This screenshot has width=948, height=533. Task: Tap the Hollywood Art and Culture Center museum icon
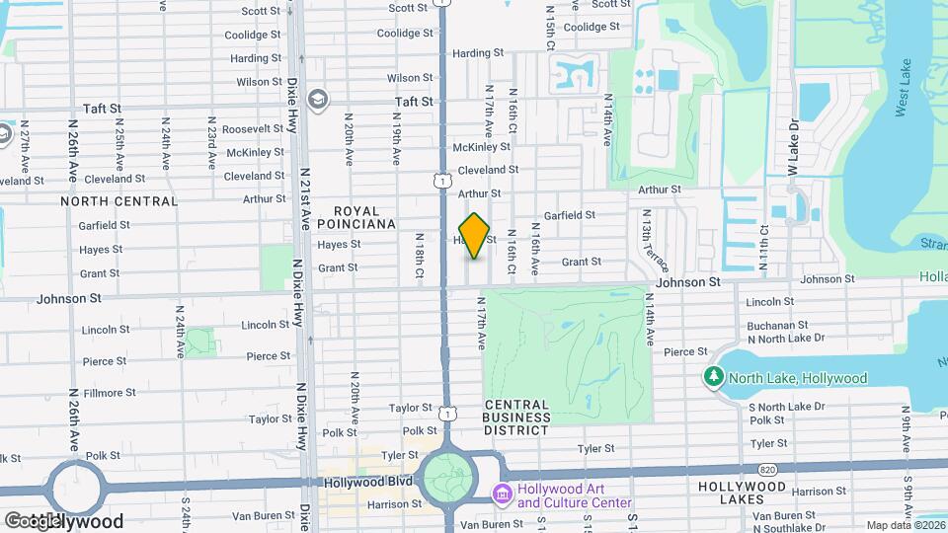[502, 493]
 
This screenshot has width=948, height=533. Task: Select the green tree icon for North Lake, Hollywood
[713, 377]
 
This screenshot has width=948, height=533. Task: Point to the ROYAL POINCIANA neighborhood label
[364, 217]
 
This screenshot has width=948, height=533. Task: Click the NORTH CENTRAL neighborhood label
[118, 200]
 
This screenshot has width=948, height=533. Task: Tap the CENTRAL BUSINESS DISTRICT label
[516, 418]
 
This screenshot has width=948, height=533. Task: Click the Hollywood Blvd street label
[366, 484]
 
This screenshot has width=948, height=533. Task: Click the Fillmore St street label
[110, 393]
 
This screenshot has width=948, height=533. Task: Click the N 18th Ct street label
[420, 254]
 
